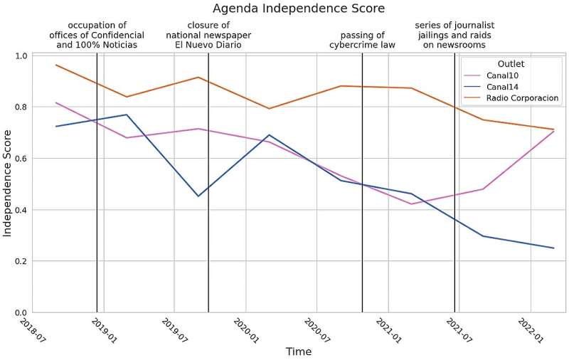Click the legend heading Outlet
tap(511, 63)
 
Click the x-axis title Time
tap(299, 351)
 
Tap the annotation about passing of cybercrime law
tap(362, 40)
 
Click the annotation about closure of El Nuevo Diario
tap(208, 35)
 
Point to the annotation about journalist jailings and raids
tap(454, 35)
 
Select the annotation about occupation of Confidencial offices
tap(97, 35)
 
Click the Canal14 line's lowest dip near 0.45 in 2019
tap(198, 196)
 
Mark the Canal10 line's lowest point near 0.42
tap(411, 204)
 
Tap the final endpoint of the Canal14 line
tap(553, 248)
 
